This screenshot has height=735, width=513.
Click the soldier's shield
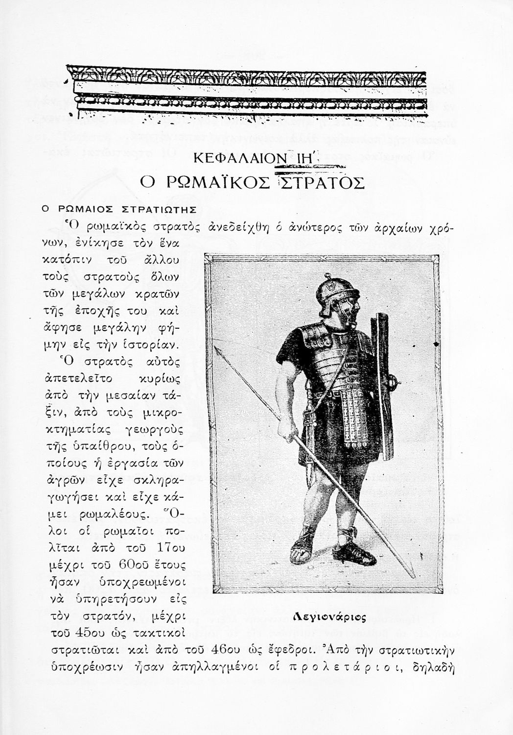(x=383, y=387)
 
